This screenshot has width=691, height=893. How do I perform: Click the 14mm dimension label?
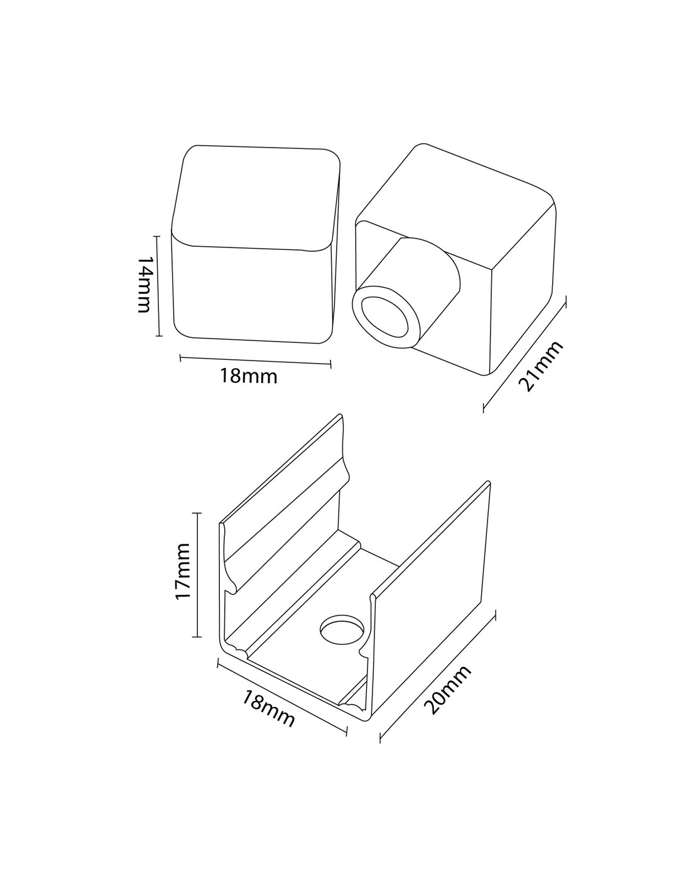(143, 284)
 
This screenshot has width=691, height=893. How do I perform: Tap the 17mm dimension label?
(183, 571)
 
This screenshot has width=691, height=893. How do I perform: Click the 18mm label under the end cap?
(248, 377)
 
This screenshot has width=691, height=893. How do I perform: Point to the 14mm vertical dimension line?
(159, 286)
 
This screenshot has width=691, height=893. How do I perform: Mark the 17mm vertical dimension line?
(199, 575)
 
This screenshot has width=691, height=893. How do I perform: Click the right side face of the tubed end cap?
(521, 295)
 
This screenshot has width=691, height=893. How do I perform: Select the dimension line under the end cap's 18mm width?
(256, 360)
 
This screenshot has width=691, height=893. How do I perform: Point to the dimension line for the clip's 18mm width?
(281, 696)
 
